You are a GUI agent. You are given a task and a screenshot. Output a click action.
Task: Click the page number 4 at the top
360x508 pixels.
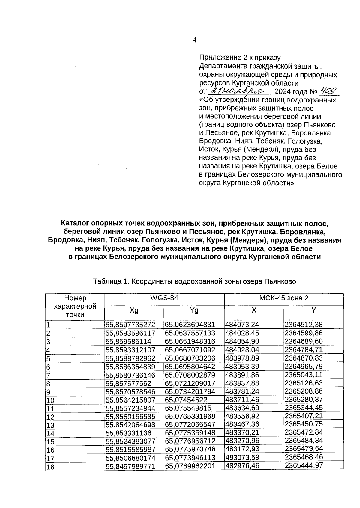coord(195,40)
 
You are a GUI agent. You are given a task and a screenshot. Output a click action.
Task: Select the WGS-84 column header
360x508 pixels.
coord(164,298)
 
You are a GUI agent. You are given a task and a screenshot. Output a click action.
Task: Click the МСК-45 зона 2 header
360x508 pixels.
coord(283,298)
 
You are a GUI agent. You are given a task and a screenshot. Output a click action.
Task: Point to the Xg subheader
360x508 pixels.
coord(134,310)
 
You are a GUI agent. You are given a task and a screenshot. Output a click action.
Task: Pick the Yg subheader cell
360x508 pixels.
coord(194,310)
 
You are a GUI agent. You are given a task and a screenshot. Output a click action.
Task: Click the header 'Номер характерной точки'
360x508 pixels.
coord(75,306)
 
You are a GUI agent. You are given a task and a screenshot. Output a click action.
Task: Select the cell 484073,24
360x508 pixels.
coord(242,325)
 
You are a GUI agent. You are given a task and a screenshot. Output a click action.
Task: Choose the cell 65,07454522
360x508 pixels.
coord(186,400)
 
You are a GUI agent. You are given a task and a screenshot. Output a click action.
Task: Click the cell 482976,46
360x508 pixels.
coord(242,466)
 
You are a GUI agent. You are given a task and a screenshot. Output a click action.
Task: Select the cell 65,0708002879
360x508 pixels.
coord(190,375)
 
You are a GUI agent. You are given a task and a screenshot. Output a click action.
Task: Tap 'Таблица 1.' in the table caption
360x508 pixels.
coord(111,282)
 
